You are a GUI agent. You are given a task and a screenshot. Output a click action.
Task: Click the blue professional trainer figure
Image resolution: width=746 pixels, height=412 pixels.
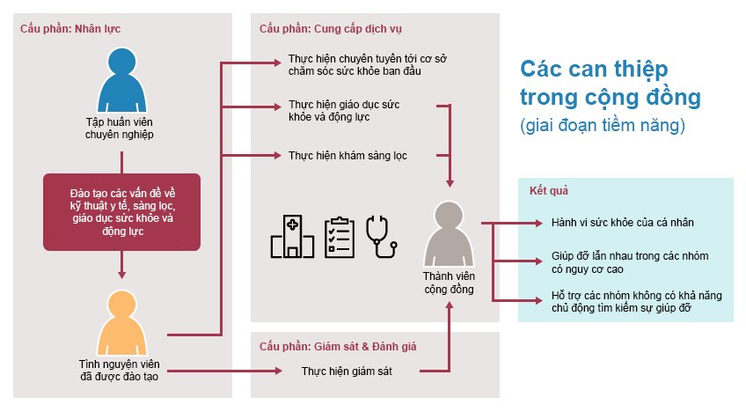(x=121, y=81)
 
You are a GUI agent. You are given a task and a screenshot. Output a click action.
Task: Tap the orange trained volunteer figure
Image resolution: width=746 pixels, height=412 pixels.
(x=121, y=324)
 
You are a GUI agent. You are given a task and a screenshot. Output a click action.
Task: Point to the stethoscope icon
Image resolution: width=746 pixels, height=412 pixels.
(x=381, y=237)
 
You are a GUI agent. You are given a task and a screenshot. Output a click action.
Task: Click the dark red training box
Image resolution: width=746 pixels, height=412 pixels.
(x=121, y=212)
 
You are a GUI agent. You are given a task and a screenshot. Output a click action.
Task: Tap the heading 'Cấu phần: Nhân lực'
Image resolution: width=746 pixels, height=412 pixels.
(x=70, y=28)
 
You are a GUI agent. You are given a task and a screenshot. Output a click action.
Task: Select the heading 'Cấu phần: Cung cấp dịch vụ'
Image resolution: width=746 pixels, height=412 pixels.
(x=331, y=28)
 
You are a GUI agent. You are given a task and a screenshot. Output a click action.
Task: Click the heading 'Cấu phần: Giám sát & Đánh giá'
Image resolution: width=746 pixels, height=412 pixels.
(x=338, y=346)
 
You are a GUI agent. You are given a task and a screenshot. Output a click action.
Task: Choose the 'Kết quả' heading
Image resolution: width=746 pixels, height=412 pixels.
(x=549, y=191)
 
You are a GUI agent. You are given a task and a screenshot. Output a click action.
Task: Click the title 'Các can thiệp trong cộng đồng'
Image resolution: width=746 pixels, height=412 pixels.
(x=611, y=83)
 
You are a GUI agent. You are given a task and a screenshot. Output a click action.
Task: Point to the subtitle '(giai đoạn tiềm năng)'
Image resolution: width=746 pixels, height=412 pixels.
(x=603, y=125)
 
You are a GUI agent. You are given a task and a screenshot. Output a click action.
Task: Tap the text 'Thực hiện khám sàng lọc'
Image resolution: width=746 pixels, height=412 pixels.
(x=347, y=156)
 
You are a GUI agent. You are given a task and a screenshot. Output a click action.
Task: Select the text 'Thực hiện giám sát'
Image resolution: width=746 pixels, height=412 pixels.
(x=347, y=371)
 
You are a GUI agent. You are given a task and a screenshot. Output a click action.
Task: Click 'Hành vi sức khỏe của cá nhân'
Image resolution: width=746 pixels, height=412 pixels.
(x=623, y=223)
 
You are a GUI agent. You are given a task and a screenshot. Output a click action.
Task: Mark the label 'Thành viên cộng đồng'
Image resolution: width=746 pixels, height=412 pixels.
(x=450, y=283)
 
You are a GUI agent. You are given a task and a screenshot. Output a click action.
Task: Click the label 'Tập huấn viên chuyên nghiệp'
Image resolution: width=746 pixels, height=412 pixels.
(x=120, y=129)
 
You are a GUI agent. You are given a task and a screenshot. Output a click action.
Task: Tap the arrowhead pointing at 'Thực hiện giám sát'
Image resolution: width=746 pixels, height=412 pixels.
(x=279, y=371)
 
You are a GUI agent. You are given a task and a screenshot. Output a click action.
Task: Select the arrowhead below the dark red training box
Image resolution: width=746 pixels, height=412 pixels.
(x=121, y=275)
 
